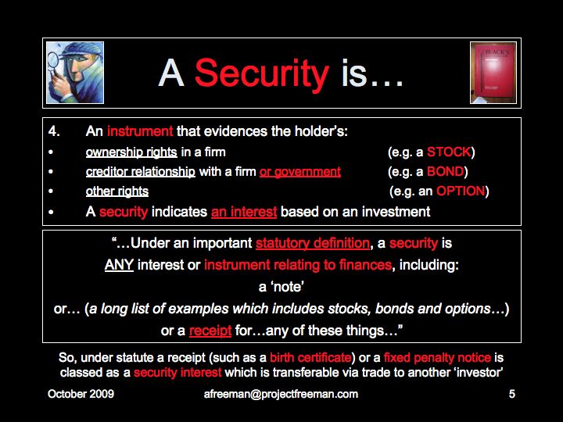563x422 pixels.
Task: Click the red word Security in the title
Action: [262, 74]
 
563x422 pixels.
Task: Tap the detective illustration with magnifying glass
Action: [75, 73]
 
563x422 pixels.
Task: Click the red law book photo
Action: [493, 73]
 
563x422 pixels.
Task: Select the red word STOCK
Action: [449, 152]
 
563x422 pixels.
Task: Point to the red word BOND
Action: [445, 171]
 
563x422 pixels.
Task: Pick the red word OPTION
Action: [461, 191]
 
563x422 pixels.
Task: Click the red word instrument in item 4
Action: [140, 131]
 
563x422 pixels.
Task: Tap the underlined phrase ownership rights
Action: [131, 152]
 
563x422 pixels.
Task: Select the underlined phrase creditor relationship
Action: [141, 172]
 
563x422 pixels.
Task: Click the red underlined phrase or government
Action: [300, 172]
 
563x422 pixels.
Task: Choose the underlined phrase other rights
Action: [117, 191]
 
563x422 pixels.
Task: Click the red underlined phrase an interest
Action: [244, 212]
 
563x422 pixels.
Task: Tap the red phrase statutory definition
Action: [312, 243]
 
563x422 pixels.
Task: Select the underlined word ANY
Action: [119, 265]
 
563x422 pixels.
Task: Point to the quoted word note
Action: [281, 287]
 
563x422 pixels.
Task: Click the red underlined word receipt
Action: [210, 331]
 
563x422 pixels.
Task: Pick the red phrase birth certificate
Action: [310, 358]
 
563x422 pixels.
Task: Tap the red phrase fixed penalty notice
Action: [437, 358]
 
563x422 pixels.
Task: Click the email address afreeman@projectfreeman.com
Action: [281, 394]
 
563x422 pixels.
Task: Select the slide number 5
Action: [512, 394]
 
